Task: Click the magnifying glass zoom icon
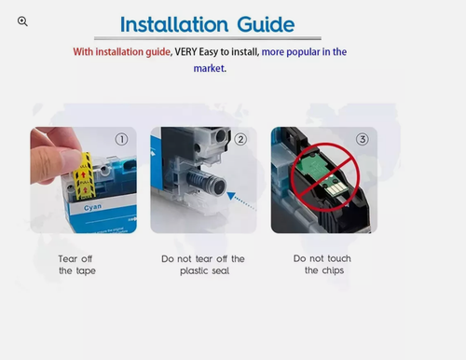pos(22,21)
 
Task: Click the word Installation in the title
pos(174,24)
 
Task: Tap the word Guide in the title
pos(266,24)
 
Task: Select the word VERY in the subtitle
pos(185,51)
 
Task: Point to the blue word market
pos(210,68)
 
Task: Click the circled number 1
pos(121,139)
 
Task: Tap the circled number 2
pos(240,139)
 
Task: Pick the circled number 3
pos(363,139)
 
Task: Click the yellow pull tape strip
pos(83,176)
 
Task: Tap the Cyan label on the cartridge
pos(92,207)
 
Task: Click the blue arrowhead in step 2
pos(231,196)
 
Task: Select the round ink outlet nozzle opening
pos(219,187)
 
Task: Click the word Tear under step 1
pos(68,258)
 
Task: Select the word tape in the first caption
pos(85,270)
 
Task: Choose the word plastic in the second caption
pos(194,270)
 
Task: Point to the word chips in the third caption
pos(333,270)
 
